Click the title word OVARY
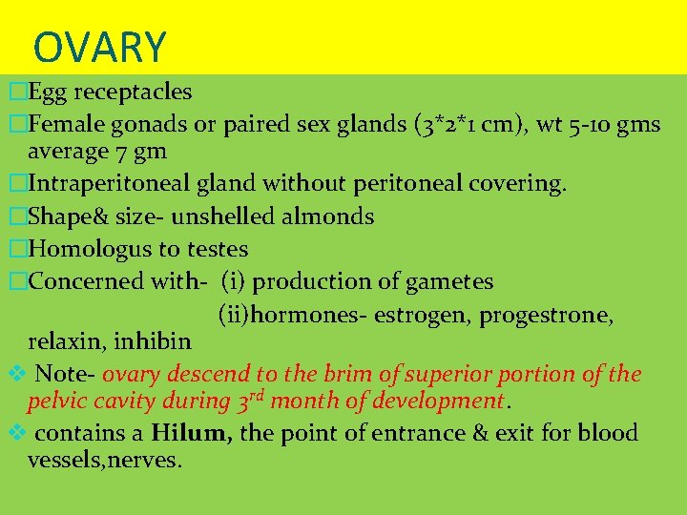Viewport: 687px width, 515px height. point(99,47)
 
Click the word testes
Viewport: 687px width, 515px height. point(216,250)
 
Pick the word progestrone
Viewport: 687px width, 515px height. point(551,315)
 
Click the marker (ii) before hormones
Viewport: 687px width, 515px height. point(235,315)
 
